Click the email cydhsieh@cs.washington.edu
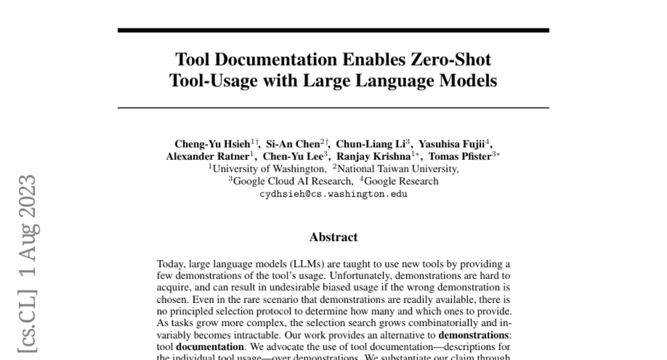point(333,194)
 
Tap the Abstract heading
point(333,238)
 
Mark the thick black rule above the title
point(333,30)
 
